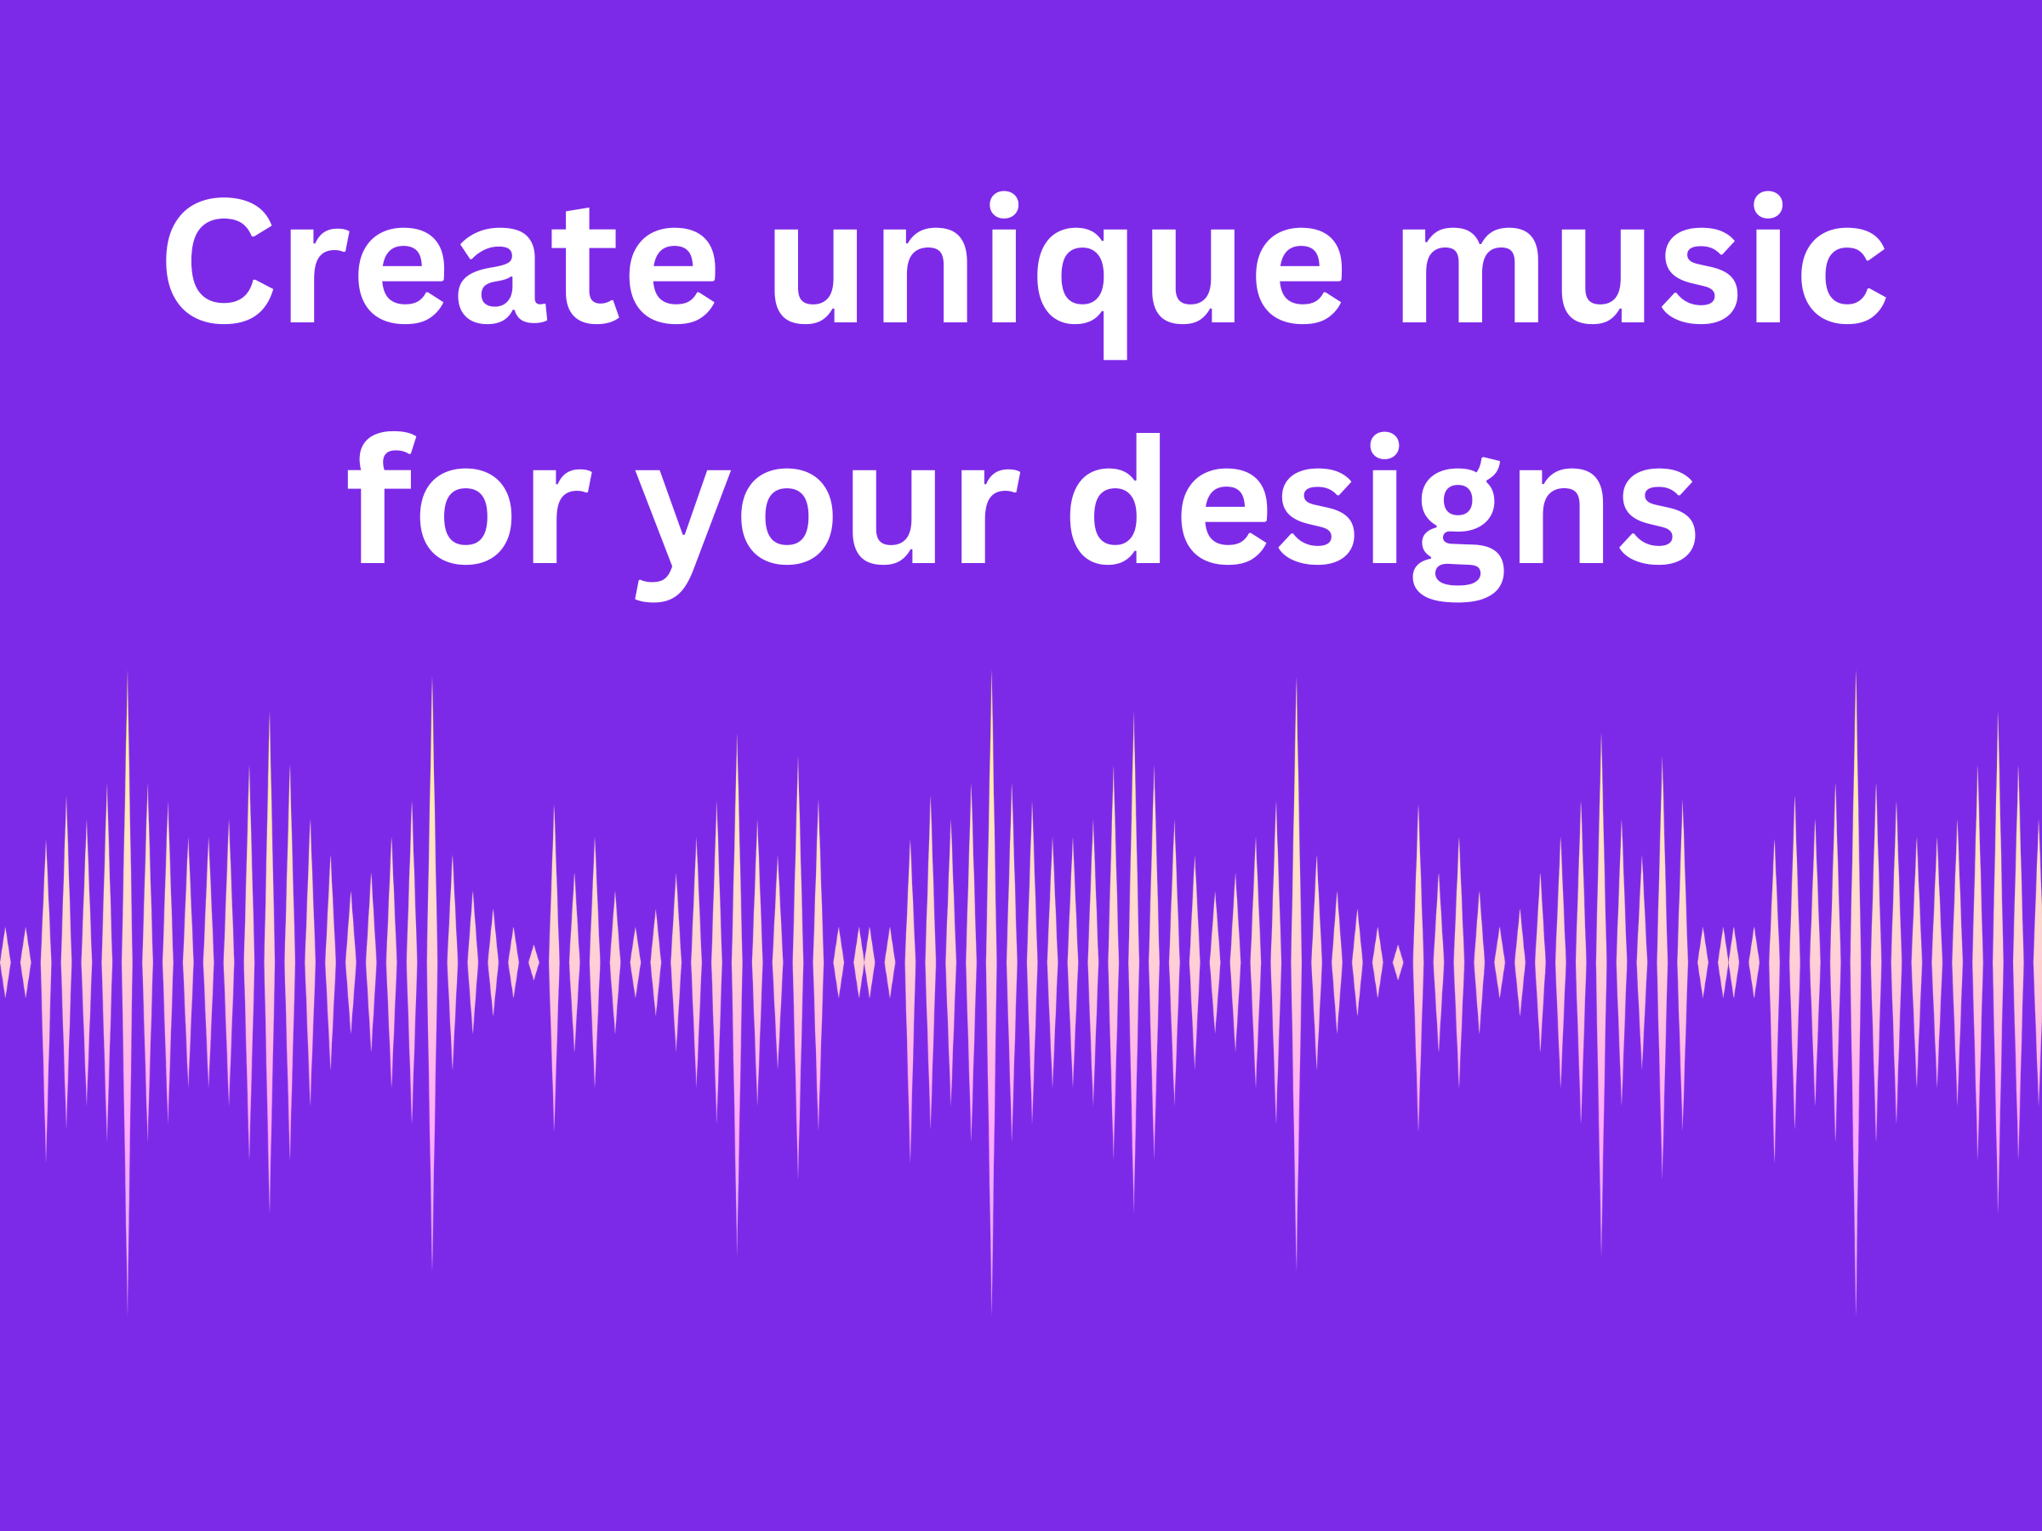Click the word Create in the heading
click(x=441, y=263)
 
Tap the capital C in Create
click(x=218, y=261)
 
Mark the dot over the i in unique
click(x=1003, y=205)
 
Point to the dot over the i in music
click(x=1768, y=205)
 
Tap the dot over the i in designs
click(x=1384, y=445)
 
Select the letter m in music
click(x=1470, y=275)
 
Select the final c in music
click(x=1843, y=276)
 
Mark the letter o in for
click(x=465, y=517)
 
